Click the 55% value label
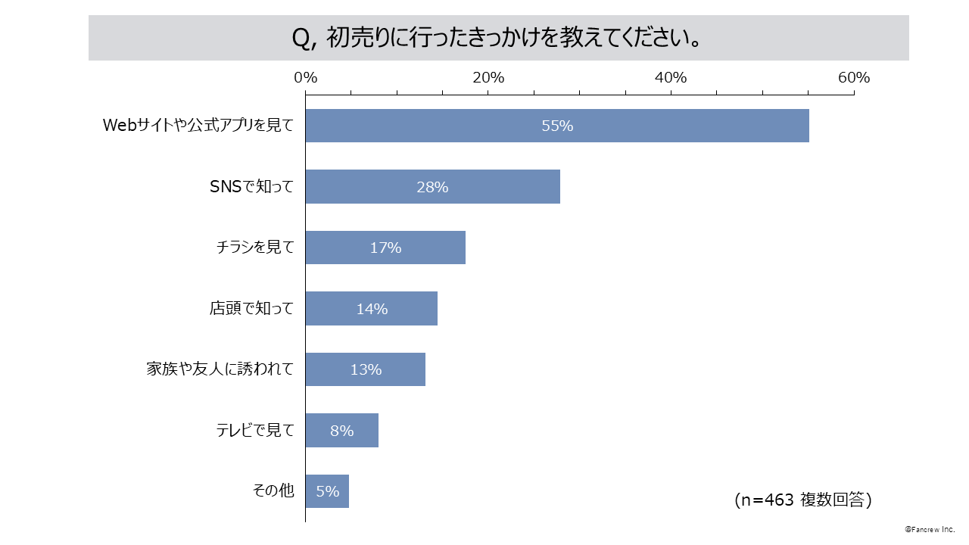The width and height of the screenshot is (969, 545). pos(557,126)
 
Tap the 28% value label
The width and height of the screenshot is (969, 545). pos(432,187)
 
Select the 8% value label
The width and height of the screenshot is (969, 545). pos(341,431)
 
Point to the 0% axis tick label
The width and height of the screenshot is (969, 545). pos(305,78)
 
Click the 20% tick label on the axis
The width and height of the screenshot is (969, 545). pos(488,78)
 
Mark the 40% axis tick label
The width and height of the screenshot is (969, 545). pos(671,78)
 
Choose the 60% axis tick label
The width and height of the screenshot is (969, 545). pos(854,78)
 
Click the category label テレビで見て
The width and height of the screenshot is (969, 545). pos(255,431)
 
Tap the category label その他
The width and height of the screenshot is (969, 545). pos(273,491)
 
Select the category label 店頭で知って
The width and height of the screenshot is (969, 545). pos(251,309)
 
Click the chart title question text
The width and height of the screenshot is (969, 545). pos(496,38)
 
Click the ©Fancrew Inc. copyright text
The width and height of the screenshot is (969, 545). pos(930,530)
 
